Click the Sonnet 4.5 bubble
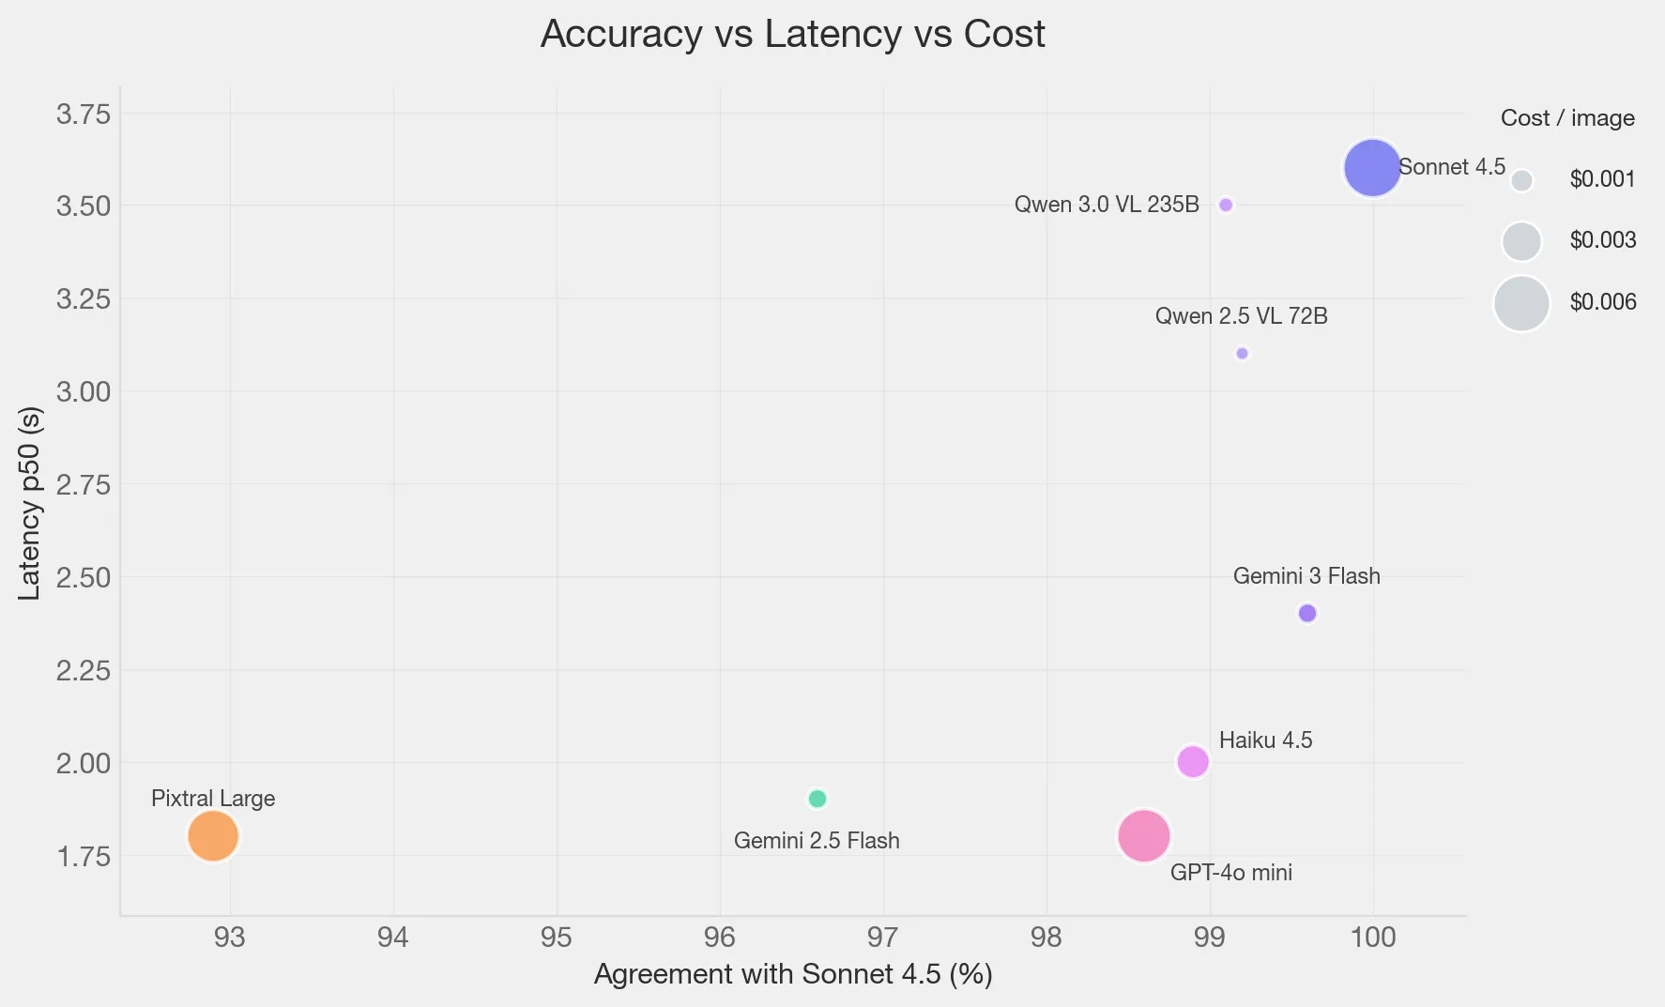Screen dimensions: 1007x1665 [x=1372, y=168]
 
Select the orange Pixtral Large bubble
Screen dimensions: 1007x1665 [x=213, y=835]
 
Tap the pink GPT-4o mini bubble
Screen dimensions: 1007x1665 [x=1143, y=835]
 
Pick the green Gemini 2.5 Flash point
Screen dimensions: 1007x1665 [x=817, y=799]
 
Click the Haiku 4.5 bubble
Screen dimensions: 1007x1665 [x=1192, y=761]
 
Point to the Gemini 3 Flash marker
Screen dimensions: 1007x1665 [x=1306, y=613]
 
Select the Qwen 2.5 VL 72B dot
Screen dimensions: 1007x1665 [x=1242, y=354]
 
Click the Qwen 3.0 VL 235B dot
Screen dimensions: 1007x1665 [x=1225, y=205]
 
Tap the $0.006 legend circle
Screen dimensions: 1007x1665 [x=1520, y=303]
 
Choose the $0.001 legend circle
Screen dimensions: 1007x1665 [x=1521, y=180]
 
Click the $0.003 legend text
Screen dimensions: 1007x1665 [x=1602, y=240]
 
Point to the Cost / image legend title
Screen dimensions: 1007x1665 [x=1566, y=118]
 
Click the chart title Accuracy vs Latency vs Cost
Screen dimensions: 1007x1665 [x=792, y=35]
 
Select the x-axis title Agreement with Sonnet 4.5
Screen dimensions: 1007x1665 [x=793, y=974]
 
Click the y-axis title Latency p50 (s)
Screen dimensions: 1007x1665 [x=30, y=503]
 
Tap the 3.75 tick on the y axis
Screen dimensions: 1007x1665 [x=83, y=114]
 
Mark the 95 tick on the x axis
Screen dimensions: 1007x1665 [x=557, y=937]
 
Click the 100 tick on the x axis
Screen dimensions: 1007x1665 [x=1372, y=937]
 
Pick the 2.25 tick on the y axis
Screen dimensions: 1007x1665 [x=83, y=670]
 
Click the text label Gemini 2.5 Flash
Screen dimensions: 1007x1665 [x=817, y=841]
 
